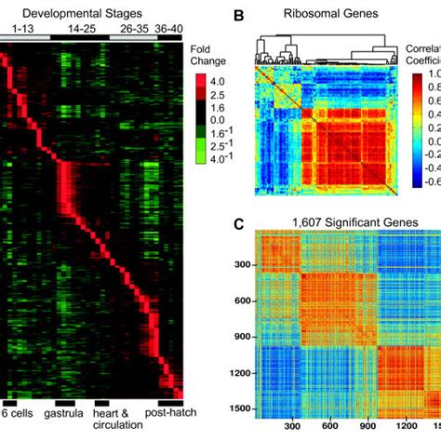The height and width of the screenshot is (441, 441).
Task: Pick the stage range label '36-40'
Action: [x=168, y=29]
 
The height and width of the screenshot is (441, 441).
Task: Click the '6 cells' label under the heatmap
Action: [x=20, y=412]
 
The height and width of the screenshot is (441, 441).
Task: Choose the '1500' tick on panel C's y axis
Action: [x=242, y=407]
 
